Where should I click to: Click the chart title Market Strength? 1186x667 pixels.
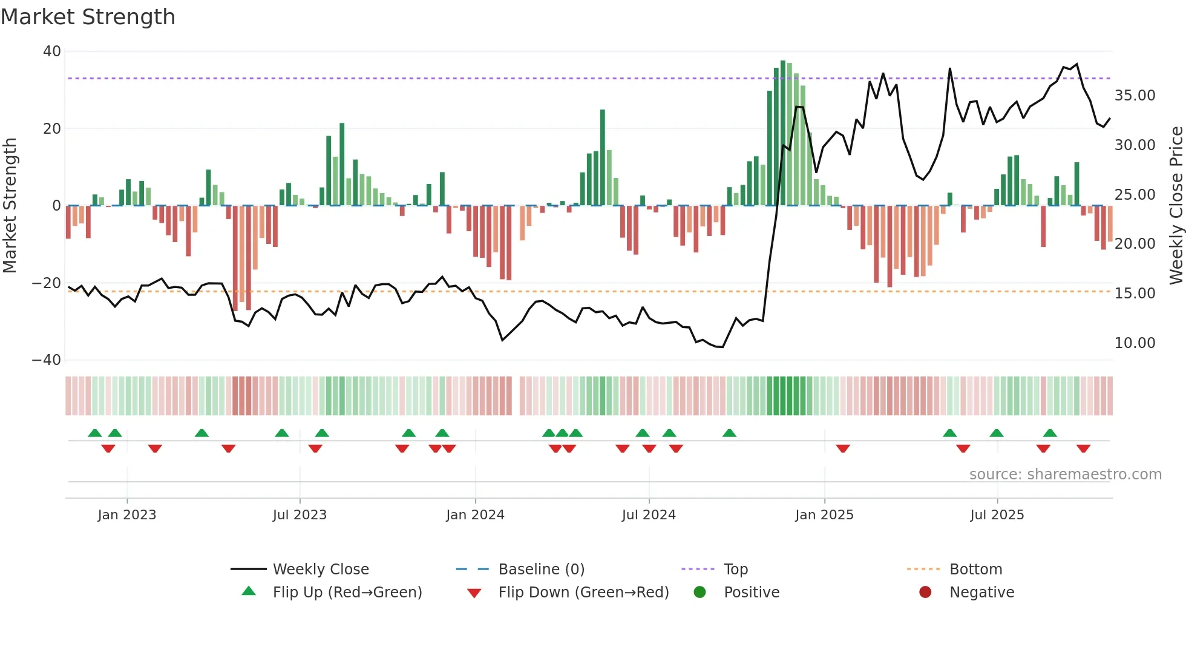88,17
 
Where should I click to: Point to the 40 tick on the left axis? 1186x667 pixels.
52,51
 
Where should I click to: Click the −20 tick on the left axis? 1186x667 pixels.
47,283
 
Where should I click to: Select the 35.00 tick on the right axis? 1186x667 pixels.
1135,96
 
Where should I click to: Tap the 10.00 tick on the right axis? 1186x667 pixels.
1135,343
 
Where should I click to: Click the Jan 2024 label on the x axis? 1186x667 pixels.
475,515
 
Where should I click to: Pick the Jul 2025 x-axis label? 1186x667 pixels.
997,515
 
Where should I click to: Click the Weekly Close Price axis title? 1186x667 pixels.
1176,206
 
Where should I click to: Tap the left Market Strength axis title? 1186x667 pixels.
10,206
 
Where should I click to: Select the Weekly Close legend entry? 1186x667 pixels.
321,570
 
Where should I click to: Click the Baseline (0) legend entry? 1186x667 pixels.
541,570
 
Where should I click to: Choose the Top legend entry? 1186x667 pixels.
736,570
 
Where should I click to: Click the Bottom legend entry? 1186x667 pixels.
975,570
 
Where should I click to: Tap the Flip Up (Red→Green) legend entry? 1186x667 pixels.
347,593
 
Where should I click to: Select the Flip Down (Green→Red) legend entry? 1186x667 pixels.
583,593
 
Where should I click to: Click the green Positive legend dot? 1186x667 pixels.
700,593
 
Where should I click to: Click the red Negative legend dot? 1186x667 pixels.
925,593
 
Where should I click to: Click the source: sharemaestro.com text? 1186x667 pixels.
1065,475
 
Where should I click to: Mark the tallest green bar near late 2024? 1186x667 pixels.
783,133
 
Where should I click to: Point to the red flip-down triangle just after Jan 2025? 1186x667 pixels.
843,448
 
